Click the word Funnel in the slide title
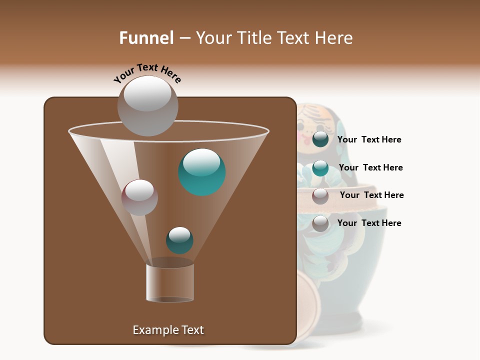(146, 38)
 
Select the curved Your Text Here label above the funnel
(147, 72)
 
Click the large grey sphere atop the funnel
(148, 105)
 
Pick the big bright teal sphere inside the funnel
(202, 172)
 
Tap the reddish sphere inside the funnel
(139, 197)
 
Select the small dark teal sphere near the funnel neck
(179, 240)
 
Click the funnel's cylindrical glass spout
(170, 282)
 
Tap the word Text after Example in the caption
(192, 330)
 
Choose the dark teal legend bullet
(320, 139)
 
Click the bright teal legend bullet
(320, 168)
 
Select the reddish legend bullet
(320, 196)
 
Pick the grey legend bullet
(320, 224)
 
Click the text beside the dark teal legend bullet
(369, 140)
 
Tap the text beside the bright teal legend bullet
(370, 167)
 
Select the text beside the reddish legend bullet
(371, 195)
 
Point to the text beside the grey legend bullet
(369, 223)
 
